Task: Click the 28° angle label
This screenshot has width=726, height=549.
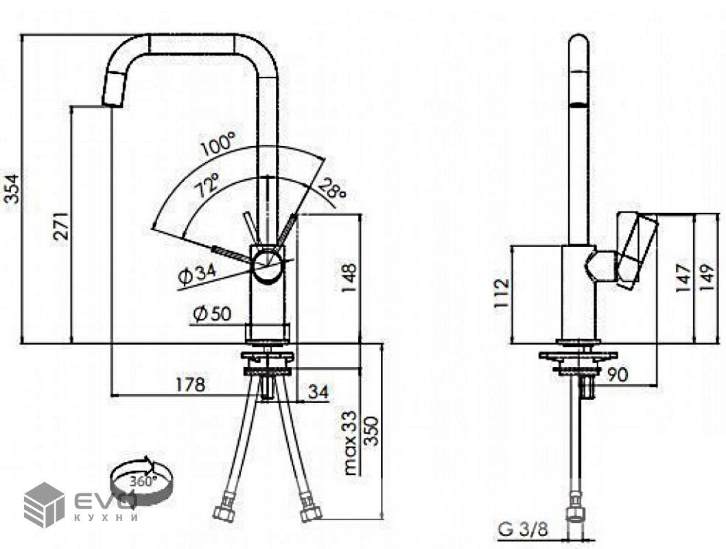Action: [x=331, y=189]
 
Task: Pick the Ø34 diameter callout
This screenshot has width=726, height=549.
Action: [x=197, y=275]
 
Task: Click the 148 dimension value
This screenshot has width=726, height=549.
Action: [x=349, y=278]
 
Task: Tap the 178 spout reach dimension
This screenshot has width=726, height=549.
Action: [x=190, y=384]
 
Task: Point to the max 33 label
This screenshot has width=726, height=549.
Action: [x=351, y=443]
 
